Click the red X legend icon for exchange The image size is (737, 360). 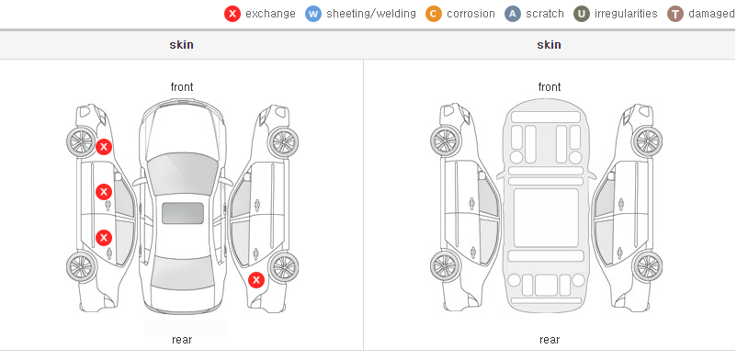point(232,14)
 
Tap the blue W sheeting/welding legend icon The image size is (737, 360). point(313,14)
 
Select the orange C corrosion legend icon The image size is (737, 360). point(434,14)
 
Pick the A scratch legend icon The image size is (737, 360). point(513,14)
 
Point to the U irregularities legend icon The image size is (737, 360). point(582,14)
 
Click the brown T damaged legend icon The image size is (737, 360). point(675,14)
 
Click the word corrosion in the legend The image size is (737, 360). point(471,14)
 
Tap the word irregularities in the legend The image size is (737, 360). point(626,14)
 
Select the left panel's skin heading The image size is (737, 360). point(181,45)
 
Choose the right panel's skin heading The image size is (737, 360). point(549,45)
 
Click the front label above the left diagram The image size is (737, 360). point(182,87)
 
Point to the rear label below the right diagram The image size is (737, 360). point(550,340)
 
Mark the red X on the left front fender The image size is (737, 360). point(104,147)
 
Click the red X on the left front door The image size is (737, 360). point(104,192)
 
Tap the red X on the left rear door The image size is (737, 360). point(104,238)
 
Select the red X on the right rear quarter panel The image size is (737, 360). point(256,281)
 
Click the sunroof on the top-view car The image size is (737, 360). point(183,213)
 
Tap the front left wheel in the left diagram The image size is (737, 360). point(81,141)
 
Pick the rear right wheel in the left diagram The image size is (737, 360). point(283,267)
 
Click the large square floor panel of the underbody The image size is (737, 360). point(546,218)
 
